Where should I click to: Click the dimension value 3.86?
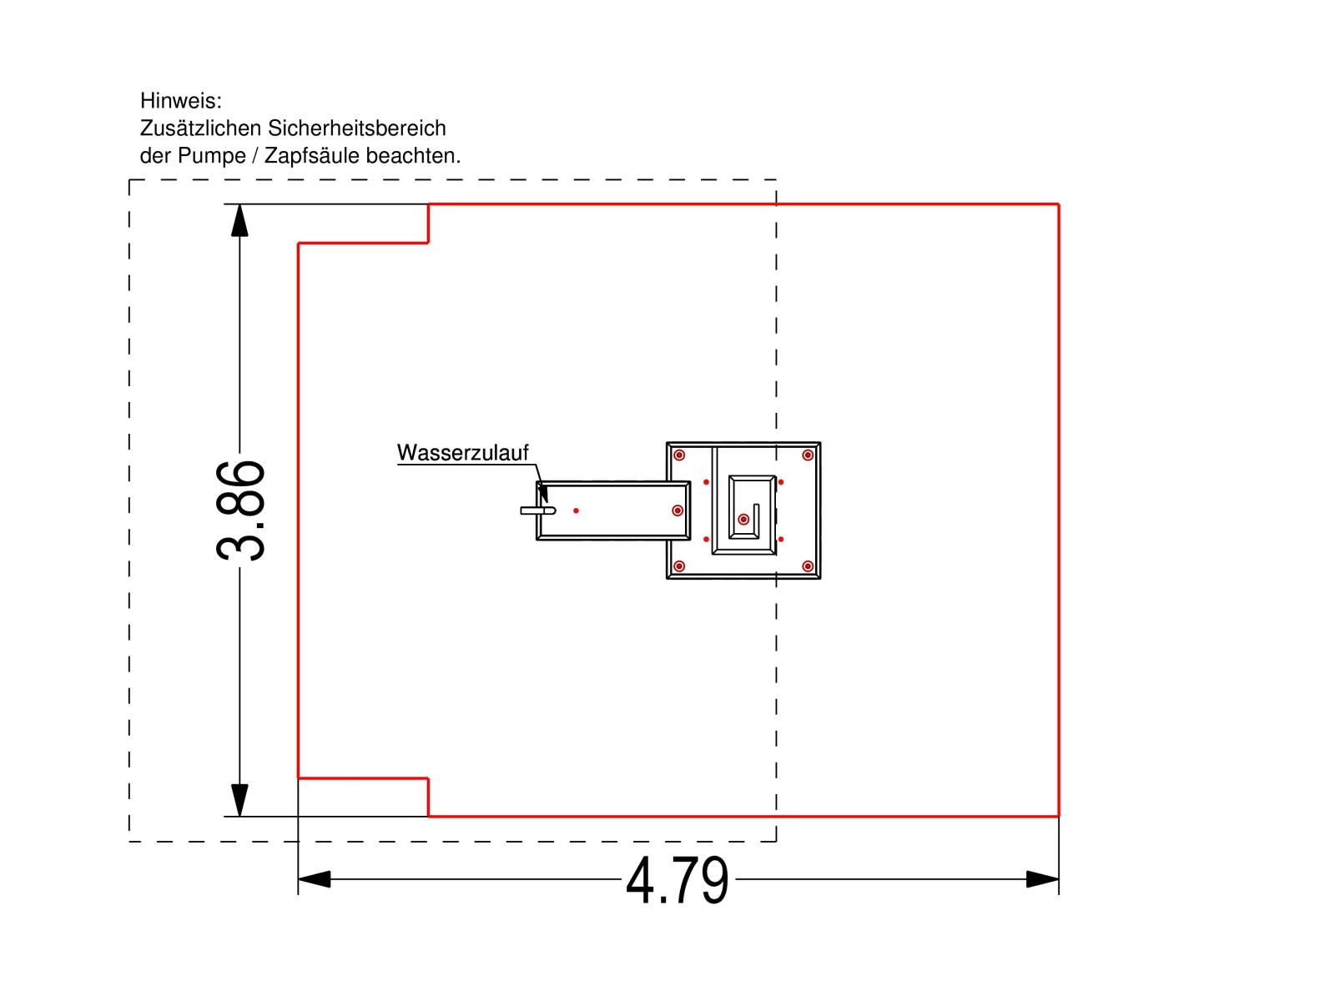click(239, 511)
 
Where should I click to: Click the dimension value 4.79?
click(677, 880)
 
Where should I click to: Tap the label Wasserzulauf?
click(462, 453)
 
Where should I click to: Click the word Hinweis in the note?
click(180, 100)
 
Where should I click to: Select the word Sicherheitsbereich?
click(356, 128)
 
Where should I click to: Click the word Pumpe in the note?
click(210, 156)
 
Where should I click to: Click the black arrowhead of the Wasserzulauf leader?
click(543, 494)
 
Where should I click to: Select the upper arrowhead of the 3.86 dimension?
click(239, 220)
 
